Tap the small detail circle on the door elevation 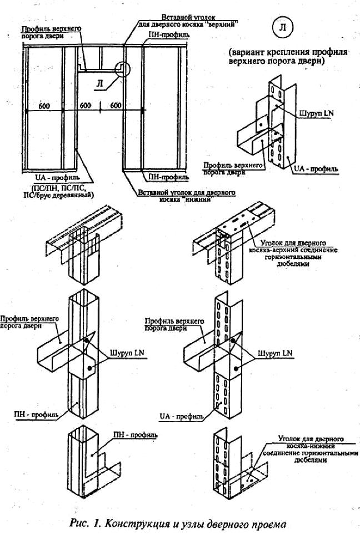(x=121, y=69)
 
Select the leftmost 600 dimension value (x=44, y=106)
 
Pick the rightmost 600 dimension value (x=115, y=106)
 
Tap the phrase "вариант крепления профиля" (x=288, y=53)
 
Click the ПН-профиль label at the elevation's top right (x=168, y=34)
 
